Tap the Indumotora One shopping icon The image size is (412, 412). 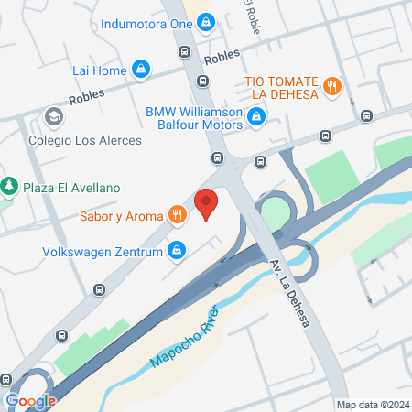pos(206,20)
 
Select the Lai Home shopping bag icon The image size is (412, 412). pos(140,69)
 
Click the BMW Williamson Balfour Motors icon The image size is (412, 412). pos(257,116)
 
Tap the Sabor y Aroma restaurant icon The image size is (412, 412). pos(177,216)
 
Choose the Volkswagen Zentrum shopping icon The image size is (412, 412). pos(178,249)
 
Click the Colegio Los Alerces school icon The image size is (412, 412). pos(53,116)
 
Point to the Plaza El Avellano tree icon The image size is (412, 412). pos(9,187)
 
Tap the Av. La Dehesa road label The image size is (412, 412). pos(288,295)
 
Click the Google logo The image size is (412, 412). pos(30,400)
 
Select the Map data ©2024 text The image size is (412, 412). pos(373,404)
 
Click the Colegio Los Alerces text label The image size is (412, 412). pos(83,140)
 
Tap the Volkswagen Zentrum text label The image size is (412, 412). pos(102,250)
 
